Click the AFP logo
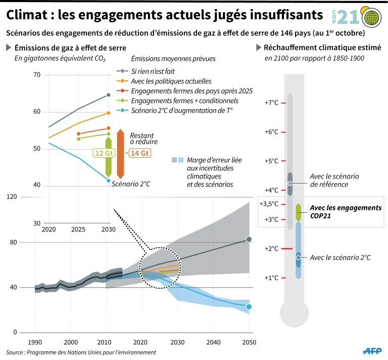372,350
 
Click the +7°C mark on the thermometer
272,103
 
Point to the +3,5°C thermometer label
269,204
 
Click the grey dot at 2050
249,239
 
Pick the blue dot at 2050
249,307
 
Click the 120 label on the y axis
10,197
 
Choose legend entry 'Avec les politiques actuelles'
171,81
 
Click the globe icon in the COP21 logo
373,19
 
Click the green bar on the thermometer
298,212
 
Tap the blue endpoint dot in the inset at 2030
109,181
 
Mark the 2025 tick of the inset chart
79,230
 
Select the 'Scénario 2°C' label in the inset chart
131,184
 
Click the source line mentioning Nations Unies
81,352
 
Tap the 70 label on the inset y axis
36,75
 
